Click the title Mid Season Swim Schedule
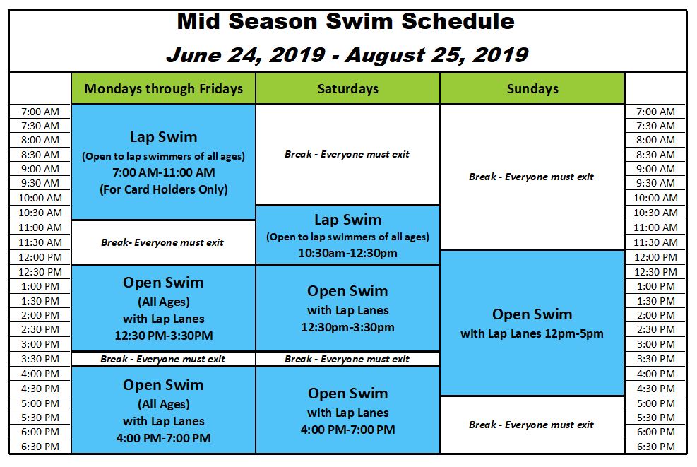click(346, 22)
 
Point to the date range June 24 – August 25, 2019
click(347, 55)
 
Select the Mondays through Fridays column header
click(164, 89)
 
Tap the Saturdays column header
click(348, 89)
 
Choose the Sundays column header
click(532, 89)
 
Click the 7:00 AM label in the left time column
click(40, 112)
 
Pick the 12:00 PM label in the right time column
click(655, 257)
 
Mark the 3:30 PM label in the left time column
click(40, 359)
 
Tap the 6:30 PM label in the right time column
click(655, 447)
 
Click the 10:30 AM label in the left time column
click(40, 213)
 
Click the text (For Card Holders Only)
click(164, 189)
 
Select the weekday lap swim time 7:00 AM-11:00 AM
click(164, 172)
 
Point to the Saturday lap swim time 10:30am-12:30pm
click(347, 253)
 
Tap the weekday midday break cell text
click(162, 242)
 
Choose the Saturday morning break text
click(347, 154)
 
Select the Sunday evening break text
click(531, 425)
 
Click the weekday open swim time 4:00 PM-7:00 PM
click(164, 438)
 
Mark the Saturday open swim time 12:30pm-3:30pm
click(347, 327)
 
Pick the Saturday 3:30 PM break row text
click(347, 359)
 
